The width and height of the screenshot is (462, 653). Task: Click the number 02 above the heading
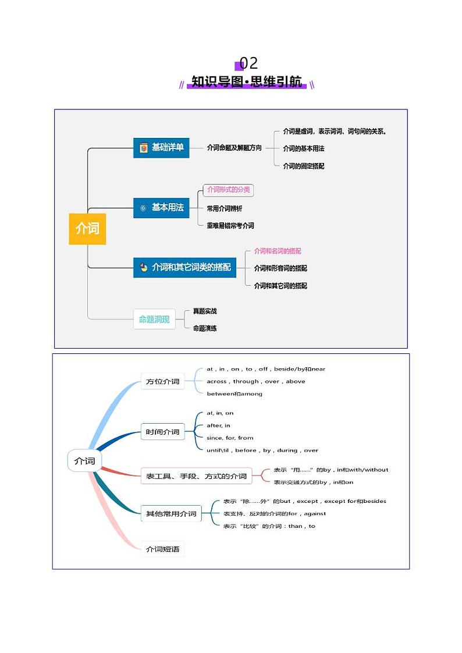(248, 63)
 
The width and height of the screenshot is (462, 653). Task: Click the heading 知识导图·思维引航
(247, 82)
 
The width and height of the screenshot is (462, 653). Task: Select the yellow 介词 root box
(87, 229)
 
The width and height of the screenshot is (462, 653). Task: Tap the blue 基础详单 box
(161, 148)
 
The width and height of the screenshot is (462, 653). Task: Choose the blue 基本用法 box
(161, 208)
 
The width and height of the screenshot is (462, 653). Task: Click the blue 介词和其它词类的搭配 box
(184, 267)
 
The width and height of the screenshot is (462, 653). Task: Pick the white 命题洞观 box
(154, 319)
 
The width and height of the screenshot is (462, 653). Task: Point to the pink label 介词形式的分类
(229, 190)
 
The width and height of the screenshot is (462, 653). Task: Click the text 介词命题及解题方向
(234, 148)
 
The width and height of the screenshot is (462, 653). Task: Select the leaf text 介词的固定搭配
(303, 166)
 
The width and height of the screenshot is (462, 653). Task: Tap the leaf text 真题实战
(205, 311)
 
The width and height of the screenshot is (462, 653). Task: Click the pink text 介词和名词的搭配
(278, 251)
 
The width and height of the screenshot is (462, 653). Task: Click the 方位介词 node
(163, 382)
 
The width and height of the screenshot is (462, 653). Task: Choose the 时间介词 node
(163, 432)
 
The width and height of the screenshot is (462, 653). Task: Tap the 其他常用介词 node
(171, 514)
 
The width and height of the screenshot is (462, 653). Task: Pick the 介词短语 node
(162, 549)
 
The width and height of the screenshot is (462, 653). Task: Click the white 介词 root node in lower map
(84, 461)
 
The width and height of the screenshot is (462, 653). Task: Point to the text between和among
(234, 394)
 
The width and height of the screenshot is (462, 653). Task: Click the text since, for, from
(230, 438)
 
